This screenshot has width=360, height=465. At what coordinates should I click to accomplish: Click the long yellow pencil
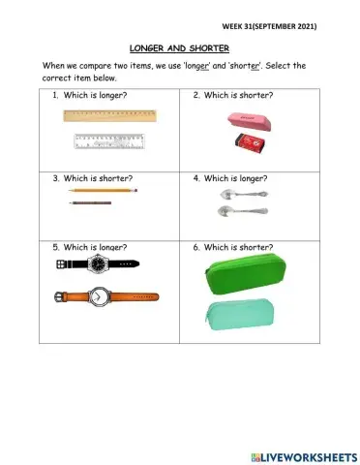pos(104,192)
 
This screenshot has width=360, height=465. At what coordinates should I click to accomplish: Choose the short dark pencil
pos(90,202)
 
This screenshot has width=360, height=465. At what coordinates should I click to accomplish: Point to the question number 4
pos(195,178)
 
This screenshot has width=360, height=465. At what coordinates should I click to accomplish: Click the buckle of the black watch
pos(60,263)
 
